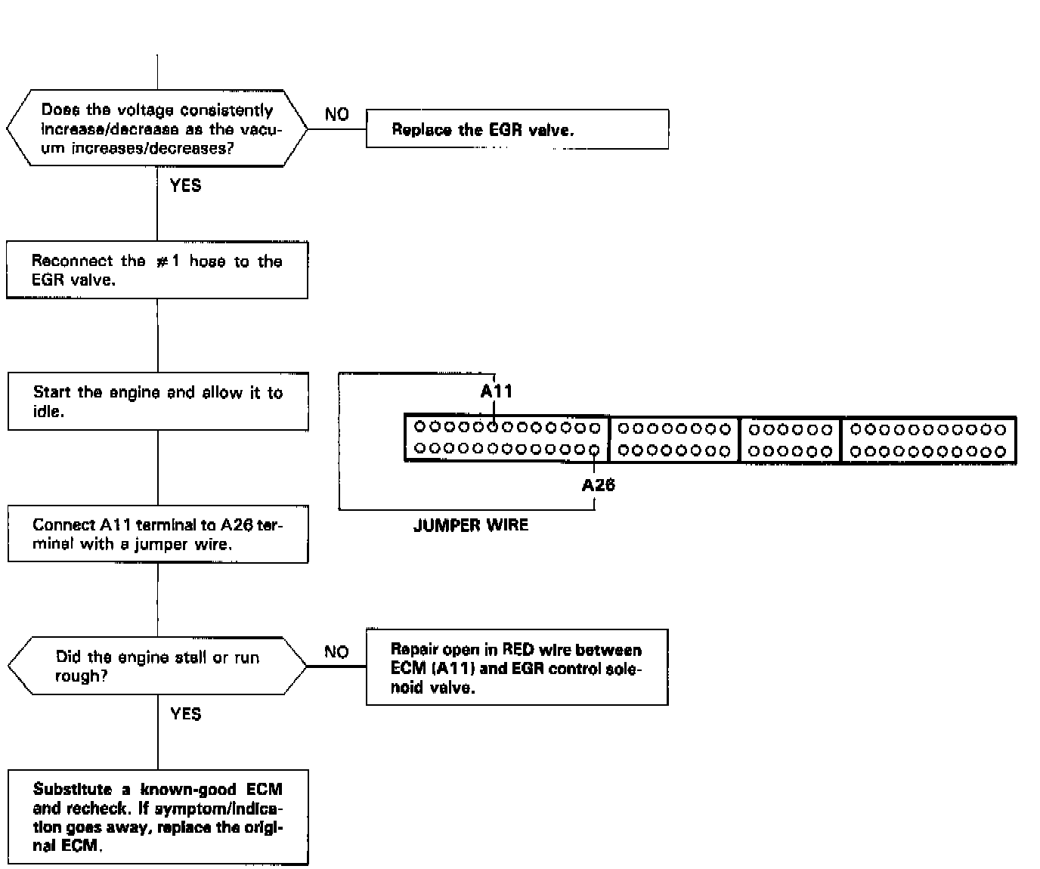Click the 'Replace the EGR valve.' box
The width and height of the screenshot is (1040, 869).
(x=517, y=129)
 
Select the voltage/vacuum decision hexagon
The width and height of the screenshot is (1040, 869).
(x=157, y=128)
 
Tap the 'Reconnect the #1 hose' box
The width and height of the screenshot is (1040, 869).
(x=157, y=270)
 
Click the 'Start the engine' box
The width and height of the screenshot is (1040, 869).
(x=158, y=401)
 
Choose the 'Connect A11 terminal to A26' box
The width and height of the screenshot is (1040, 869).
(x=158, y=534)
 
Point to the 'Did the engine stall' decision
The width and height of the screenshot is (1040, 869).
(x=157, y=666)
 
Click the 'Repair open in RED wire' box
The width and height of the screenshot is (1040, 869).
(x=517, y=667)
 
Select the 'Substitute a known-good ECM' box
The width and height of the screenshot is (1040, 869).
(x=158, y=817)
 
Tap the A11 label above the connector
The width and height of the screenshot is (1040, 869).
(x=497, y=391)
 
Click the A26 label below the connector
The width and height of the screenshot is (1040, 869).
(x=598, y=485)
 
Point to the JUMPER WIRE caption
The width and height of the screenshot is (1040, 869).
(x=471, y=525)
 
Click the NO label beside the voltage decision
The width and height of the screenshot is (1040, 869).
(x=337, y=115)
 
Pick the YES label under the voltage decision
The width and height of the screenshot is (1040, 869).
(x=186, y=185)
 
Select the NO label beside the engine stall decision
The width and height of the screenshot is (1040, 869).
(x=336, y=651)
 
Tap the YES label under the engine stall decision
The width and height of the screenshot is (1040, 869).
(x=186, y=713)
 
